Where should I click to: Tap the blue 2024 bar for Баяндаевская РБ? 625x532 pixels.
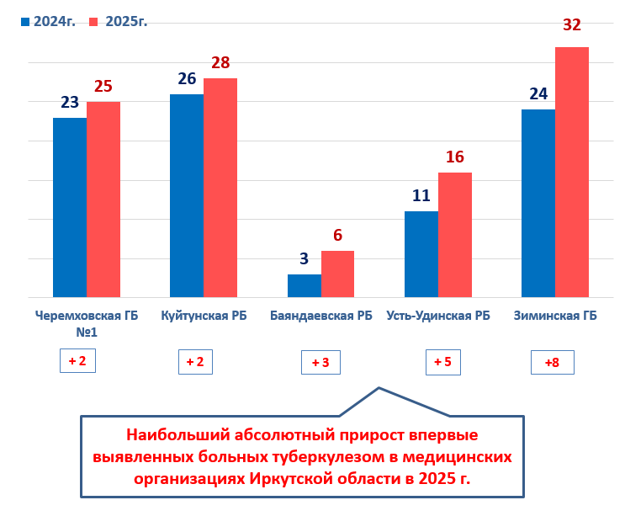click(x=304, y=285)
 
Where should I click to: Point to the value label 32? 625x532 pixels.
click(x=572, y=24)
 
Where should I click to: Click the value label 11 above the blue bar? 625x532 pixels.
click(x=421, y=195)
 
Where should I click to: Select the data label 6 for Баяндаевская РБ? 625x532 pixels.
click(x=337, y=236)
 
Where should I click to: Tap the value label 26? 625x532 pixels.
click(x=187, y=79)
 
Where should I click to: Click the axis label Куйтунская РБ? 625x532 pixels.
click(x=204, y=317)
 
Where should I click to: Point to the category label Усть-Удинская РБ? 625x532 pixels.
click(x=438, y=317)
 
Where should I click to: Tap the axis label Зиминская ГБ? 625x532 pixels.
click(x=555, y=317)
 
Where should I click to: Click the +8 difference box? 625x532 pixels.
click(x=552, y=363)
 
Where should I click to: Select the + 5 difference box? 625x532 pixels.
click(x=442, y=362)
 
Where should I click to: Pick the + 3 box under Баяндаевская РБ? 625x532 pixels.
click(x=320, y=363)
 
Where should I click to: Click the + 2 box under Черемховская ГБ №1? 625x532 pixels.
click(x=77, y=361)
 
